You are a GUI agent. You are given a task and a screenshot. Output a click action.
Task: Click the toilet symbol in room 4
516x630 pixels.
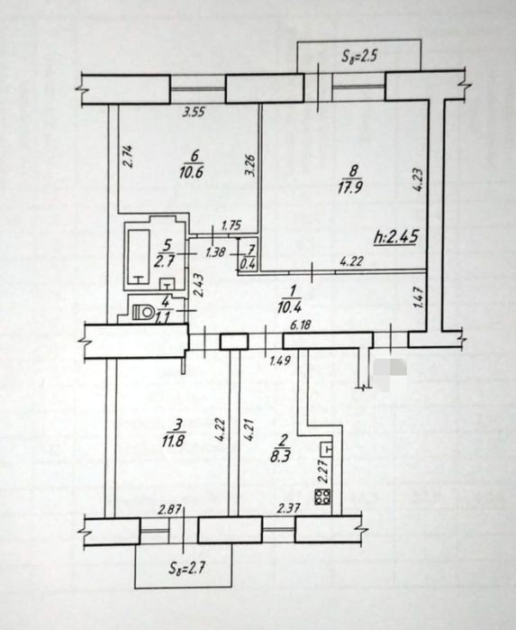[143, 311]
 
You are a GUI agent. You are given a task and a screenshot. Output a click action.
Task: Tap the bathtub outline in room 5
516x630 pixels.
[139, 257]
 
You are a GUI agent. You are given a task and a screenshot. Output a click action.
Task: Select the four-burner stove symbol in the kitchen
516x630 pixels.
[322, 497]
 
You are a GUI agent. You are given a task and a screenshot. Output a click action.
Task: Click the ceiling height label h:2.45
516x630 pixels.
[396, 237]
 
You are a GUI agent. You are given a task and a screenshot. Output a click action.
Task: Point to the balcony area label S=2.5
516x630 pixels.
[358, 56]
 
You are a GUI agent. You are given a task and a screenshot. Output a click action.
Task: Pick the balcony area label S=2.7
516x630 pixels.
[187, 568]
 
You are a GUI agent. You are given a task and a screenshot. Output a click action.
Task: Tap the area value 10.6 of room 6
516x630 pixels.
[193, 172]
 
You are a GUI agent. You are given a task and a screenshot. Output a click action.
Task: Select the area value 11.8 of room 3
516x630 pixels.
[174, 441]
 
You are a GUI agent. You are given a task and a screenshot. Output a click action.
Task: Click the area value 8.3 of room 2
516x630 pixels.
[281, 456]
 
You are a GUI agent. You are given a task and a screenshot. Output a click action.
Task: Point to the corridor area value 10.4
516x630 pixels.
[289, 307]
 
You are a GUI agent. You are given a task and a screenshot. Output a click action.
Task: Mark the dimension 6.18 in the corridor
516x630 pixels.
[300, 324]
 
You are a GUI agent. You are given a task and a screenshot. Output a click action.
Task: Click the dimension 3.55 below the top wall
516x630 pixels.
[194, 112]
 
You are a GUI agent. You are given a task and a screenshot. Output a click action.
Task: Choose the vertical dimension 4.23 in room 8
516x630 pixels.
[418, 180]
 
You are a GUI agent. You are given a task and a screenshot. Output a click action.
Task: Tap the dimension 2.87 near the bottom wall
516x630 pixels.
[168, 510]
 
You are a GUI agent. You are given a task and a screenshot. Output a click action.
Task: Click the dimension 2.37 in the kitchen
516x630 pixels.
[288, 508]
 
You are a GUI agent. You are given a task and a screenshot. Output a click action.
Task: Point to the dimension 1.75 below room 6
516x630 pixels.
[231, 225]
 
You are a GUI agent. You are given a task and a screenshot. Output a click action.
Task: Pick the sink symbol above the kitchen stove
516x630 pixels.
[326, 449]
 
